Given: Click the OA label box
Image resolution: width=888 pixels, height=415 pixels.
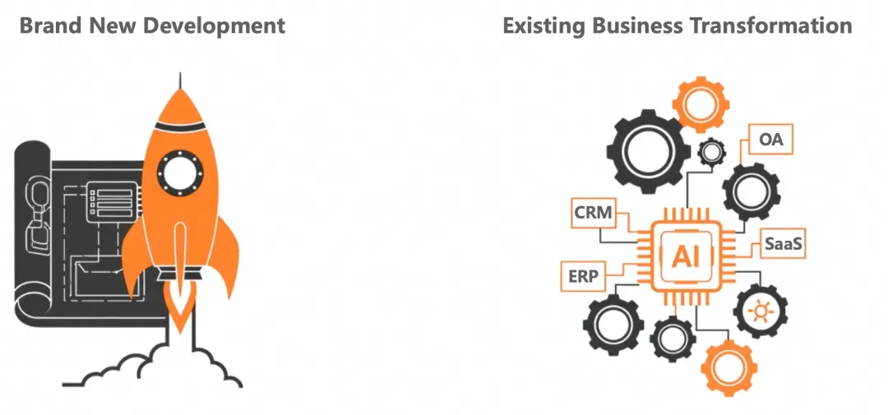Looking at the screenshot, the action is click(x=770, y=139).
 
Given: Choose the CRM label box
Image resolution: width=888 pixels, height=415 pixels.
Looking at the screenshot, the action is click(x=594, y=213).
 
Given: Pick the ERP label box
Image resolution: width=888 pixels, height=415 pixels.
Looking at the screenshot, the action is click(x=582, y=276).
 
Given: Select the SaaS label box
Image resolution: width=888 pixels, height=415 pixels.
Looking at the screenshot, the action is click(x=784, y=244).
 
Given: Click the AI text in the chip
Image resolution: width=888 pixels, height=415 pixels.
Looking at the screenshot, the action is click(x=686, y=257).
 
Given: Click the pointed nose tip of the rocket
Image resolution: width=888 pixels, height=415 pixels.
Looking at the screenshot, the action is click(x=180, y=74).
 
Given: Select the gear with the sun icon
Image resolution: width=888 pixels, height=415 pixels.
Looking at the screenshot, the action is click(x=760, y=311).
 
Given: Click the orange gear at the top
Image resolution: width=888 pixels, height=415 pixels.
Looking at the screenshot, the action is click(x=701, y=104).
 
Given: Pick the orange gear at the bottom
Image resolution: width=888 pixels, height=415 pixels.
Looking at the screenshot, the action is click(x=729, y=369).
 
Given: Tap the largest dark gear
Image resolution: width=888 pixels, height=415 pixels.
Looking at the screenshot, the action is click(x=649, y=152).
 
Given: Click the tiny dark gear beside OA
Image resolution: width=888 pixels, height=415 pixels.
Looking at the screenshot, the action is click(x=710, y=152).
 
